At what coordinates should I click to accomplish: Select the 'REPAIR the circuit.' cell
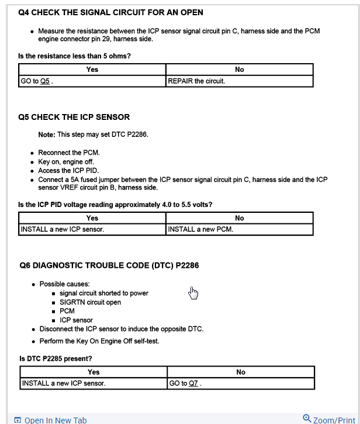(x=196, y=81)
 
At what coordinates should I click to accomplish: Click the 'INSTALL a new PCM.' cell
(x=200, y=229)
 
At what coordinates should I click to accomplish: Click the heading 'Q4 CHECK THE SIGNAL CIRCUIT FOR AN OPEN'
(x=111, y=12)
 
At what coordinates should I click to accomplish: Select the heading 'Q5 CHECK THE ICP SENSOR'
(x=74, y=117)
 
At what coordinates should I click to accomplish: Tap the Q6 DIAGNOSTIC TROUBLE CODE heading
(x=109, y=266)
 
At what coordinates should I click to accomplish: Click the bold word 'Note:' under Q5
(x=47, y=135)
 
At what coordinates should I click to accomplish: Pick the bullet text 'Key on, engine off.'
(x=66, y=161)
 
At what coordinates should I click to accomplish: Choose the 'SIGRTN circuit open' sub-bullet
(x=91, y=302)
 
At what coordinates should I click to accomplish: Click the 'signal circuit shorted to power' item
(x=104, y=293)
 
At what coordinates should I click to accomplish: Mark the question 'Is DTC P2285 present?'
(x=56, y=358)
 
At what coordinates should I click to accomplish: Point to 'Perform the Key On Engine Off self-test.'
(x=99, y=341)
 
